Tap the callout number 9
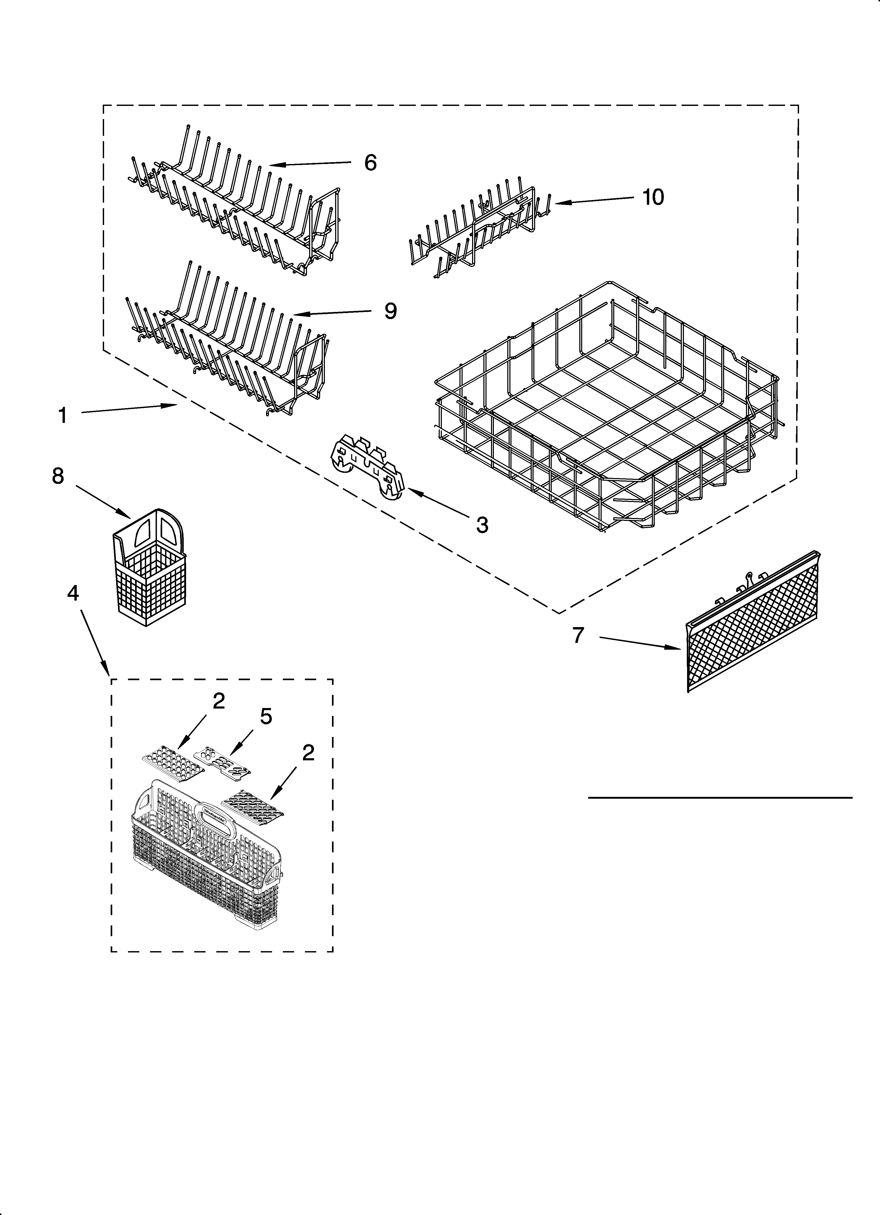(391, 311)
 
